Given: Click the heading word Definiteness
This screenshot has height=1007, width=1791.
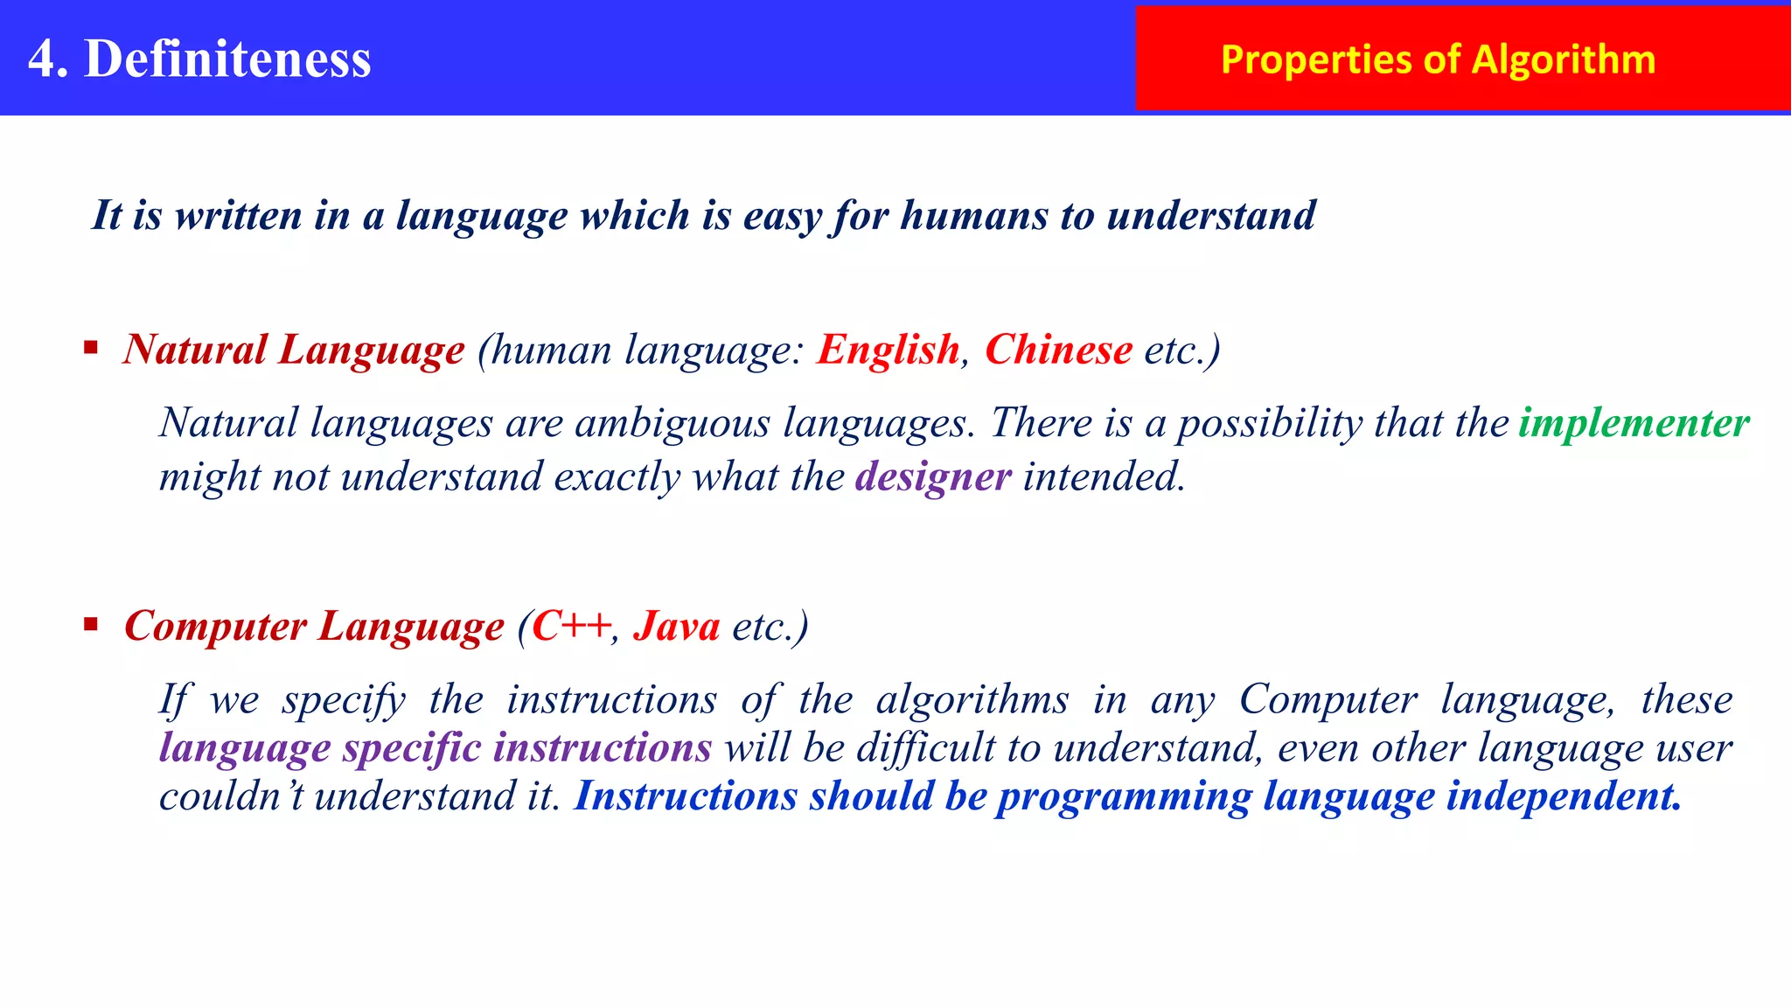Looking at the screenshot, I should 227,59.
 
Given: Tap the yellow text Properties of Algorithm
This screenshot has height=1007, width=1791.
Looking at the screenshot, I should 1438,59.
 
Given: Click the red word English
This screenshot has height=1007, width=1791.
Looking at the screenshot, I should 888,350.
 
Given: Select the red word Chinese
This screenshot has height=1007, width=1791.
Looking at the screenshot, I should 1058,350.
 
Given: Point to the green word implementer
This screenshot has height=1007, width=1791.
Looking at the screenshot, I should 1634,423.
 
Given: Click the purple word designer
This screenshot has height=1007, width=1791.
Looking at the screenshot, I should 933,477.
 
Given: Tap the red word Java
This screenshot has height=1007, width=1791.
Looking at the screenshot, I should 677,626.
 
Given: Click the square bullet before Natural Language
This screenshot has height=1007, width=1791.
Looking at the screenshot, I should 91,349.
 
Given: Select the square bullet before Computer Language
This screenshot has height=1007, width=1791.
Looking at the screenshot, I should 91,624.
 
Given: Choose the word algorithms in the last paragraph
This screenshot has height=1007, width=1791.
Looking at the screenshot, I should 972,700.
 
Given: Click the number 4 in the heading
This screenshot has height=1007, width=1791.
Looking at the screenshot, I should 42,59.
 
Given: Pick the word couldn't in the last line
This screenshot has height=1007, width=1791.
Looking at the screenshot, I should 231,796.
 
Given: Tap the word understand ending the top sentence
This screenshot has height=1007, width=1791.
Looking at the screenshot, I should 1210,216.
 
